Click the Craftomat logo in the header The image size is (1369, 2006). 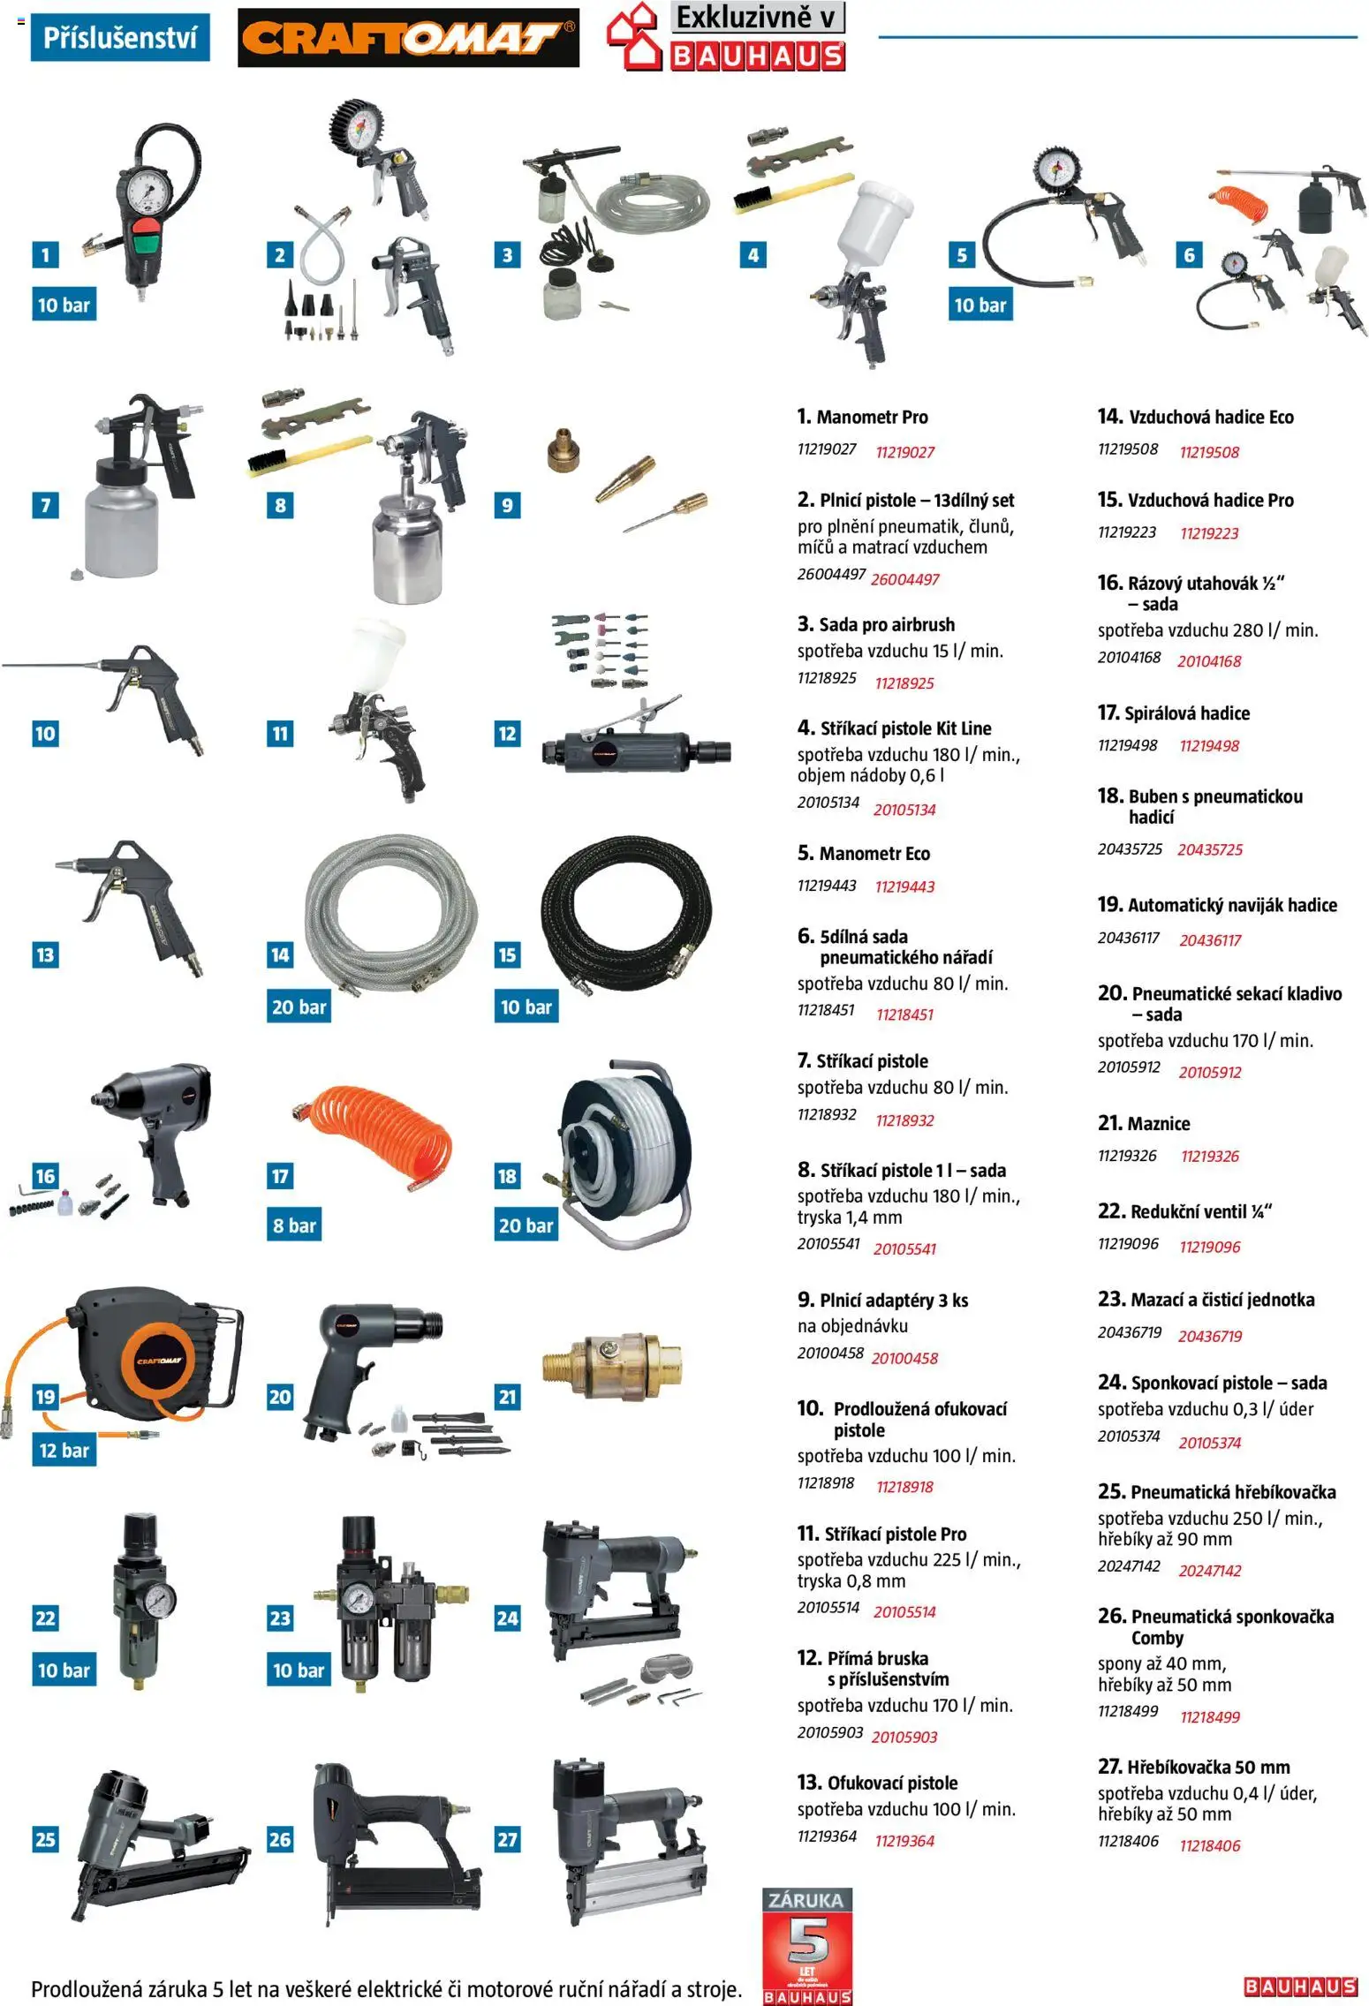[x=408, y=37]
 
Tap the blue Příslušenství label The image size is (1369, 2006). [x=120, y=37]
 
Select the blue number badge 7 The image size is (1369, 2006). [x=45, y=505]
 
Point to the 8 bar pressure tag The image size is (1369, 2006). [x=294, y=1225]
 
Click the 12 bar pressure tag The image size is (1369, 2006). [x=64, y=1450]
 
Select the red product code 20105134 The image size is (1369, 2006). [x=904, y=810]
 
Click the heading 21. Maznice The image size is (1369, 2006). [x=1143, y=1123]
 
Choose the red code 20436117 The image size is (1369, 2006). [x=1210, y=940]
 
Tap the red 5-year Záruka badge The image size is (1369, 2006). [x=807, y=1945]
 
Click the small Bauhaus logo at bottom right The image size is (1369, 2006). [x=1300, y=1986]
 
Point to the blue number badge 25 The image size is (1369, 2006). [x=45, y=1839]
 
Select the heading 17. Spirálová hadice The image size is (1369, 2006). [x=1173, y=713]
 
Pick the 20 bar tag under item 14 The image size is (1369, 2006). [x=299, y=1007]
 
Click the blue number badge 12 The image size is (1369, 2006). [x=508, y=733]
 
